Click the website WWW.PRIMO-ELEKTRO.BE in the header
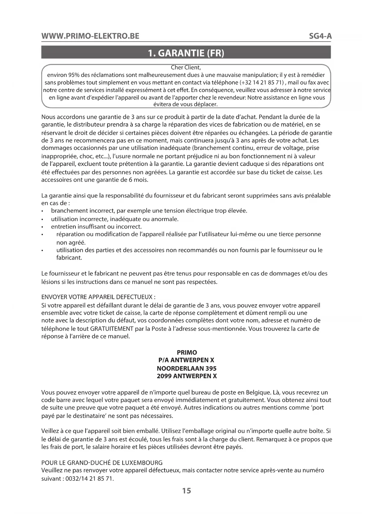pos(90,36)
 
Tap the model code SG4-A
pos(320,36)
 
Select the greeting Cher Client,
pos(186,68)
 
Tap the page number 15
pos(187,491)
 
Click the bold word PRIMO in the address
pos(187,352)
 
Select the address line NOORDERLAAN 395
pos(187,368)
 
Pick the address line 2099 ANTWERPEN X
pos(187,376)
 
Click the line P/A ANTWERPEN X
pos(187,360)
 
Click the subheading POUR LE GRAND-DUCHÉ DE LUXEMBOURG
pos(102,462)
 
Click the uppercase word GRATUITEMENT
pos(112,329)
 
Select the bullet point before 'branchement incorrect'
pos(43,211)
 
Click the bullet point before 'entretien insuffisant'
pos(43,227)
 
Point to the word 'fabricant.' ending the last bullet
pos(69,258)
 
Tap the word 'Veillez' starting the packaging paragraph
pos(51,431)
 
